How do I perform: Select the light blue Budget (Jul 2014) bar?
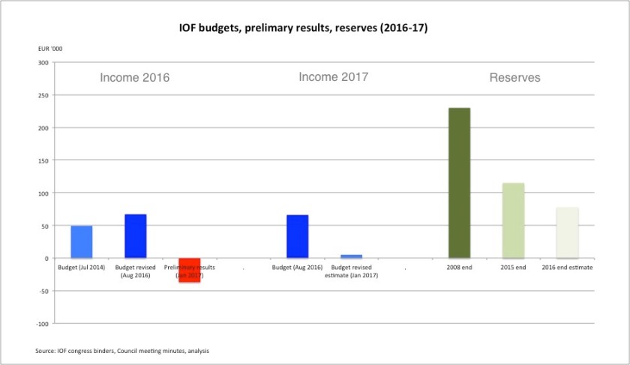pos(82,241)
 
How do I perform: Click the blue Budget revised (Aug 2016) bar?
pos(136,236)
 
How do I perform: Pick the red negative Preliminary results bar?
pos(189,270)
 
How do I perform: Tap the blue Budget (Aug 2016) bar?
pos(297,236)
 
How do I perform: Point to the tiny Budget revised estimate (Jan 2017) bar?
pos(351,256)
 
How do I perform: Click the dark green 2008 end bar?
pos(459,183)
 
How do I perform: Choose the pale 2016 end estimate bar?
pos(567,232)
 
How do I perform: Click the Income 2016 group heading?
pos(135,78)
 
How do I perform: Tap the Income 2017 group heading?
pos(333,77)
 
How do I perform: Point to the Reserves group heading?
pos(514,78)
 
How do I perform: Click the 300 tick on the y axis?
pos(43,63)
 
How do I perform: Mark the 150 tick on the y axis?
pos(43,161)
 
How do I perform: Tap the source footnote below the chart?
pos(122,351)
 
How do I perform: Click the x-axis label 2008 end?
pos(459,268)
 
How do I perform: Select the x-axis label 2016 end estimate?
pos(567,268)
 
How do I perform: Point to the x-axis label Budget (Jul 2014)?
pos(82,268)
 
